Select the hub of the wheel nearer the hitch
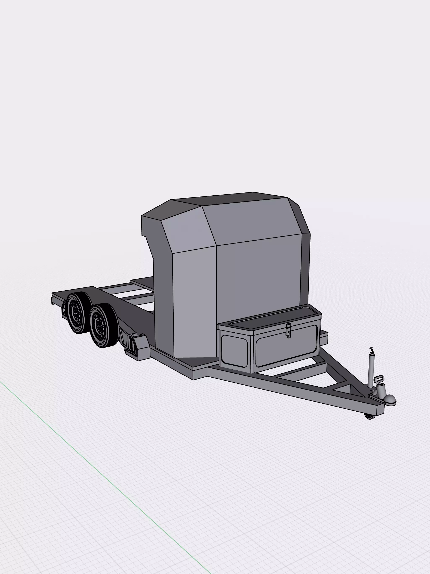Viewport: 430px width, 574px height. (x=99, y=325)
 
